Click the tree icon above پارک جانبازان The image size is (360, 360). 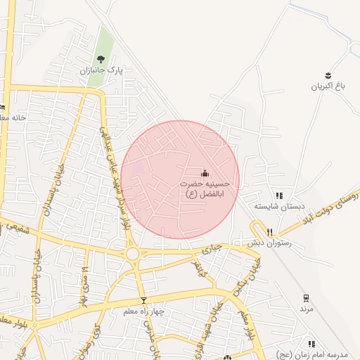[101, 59]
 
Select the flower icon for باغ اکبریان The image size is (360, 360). [328, 75]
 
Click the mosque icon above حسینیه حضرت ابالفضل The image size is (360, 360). [205, 172]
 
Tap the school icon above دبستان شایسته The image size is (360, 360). [279, 196]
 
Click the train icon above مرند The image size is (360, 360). [305, 297]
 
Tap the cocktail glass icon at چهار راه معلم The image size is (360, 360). [143, 300]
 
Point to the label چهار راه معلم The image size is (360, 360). [145, 311]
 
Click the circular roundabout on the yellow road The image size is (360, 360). [132, 253]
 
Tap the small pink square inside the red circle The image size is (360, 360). [138, 167]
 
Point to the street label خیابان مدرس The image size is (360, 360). [149, 336]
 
